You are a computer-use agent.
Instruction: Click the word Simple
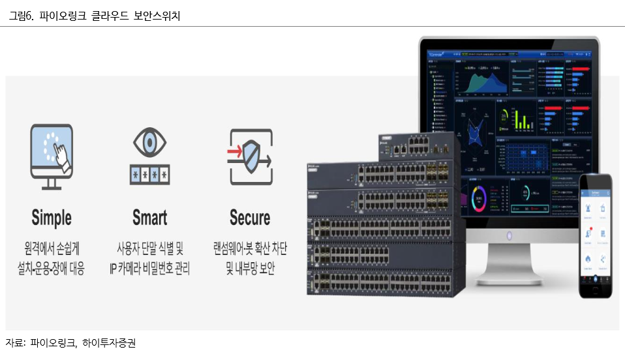[52, 218]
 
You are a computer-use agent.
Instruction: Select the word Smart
[149, 218]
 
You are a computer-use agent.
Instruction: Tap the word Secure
[250, 218]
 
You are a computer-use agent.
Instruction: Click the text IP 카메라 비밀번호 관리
[149, 269]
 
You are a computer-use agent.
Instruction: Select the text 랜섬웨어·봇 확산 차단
[250, 250]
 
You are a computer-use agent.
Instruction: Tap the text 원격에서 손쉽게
[52, 250]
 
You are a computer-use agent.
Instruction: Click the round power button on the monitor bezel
[510, 235]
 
